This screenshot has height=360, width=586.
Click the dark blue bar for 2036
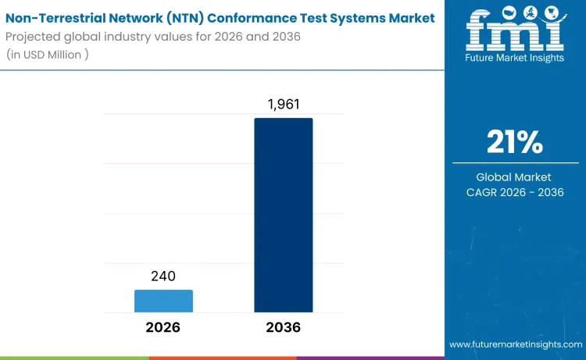click(x=283, y=216)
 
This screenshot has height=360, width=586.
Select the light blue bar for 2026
click(x=163, y=301)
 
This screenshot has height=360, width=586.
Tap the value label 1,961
click(x=283, y=104)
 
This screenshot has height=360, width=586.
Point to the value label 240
click(x=163, y=276)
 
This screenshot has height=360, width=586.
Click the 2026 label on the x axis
click(x=163, y=328)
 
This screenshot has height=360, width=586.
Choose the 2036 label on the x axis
click(x=283, y=328)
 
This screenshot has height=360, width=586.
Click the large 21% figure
click(x=515, y=142)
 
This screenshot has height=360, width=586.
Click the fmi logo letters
click(x=515, y=35)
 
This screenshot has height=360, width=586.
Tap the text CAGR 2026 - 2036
click(x=515, y=192)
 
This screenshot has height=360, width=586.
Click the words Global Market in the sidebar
click(x=515, y=177)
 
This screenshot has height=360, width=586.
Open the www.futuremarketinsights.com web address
click(x=516, y=344)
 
